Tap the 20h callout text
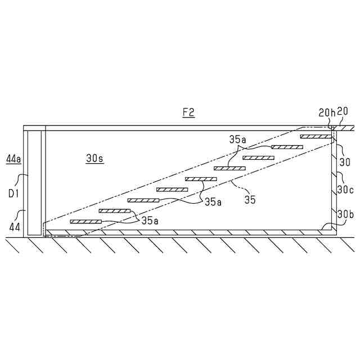[326, 112]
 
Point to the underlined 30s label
[94, 159]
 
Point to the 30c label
[345, 190]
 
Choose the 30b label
[345, 213]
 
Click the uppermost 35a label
[237, 139]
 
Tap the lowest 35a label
[150, 220]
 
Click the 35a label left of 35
[213, 201]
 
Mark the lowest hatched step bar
[85, 222]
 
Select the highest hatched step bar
[316, 136]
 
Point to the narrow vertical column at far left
[34, 183]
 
